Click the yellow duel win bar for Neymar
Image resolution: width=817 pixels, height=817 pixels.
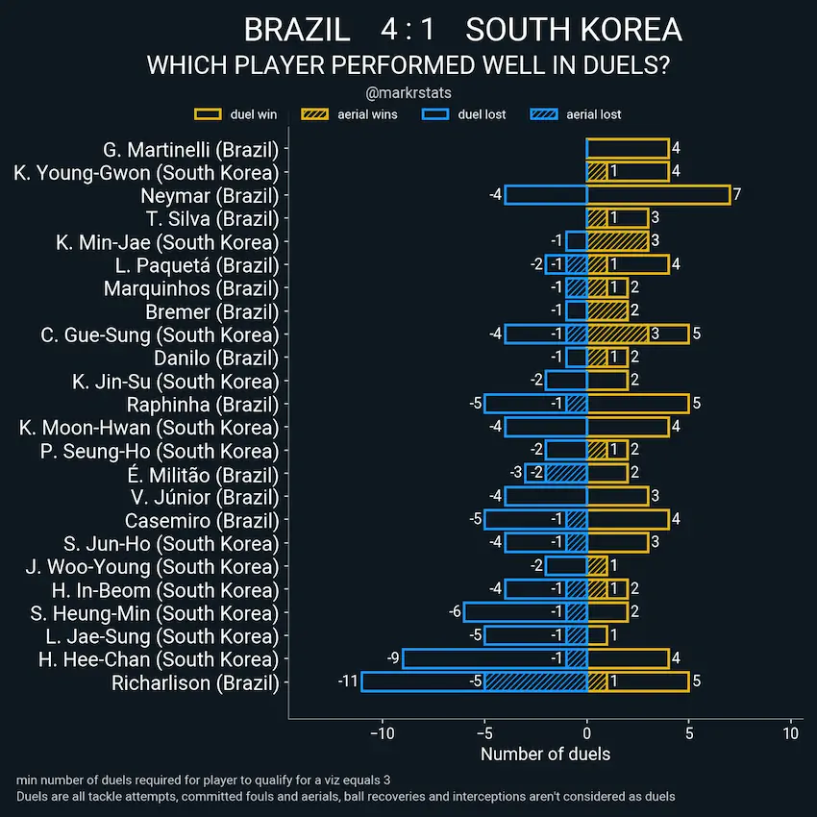658,195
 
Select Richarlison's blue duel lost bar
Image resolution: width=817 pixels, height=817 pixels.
423,681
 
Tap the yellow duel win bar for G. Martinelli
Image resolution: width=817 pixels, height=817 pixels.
628,149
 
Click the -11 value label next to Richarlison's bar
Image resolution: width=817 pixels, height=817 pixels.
347,681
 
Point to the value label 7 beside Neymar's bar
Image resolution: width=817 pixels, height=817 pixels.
736,195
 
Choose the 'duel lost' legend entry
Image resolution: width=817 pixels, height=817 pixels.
465,114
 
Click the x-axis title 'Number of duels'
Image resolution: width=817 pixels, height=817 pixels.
545,755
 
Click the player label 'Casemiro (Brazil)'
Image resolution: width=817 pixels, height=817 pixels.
202,520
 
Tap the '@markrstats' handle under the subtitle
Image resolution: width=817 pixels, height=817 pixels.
408,93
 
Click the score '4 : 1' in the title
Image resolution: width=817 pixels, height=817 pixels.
408,30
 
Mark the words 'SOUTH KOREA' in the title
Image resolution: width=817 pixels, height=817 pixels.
574,30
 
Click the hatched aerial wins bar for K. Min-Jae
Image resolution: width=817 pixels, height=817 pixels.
618,241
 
